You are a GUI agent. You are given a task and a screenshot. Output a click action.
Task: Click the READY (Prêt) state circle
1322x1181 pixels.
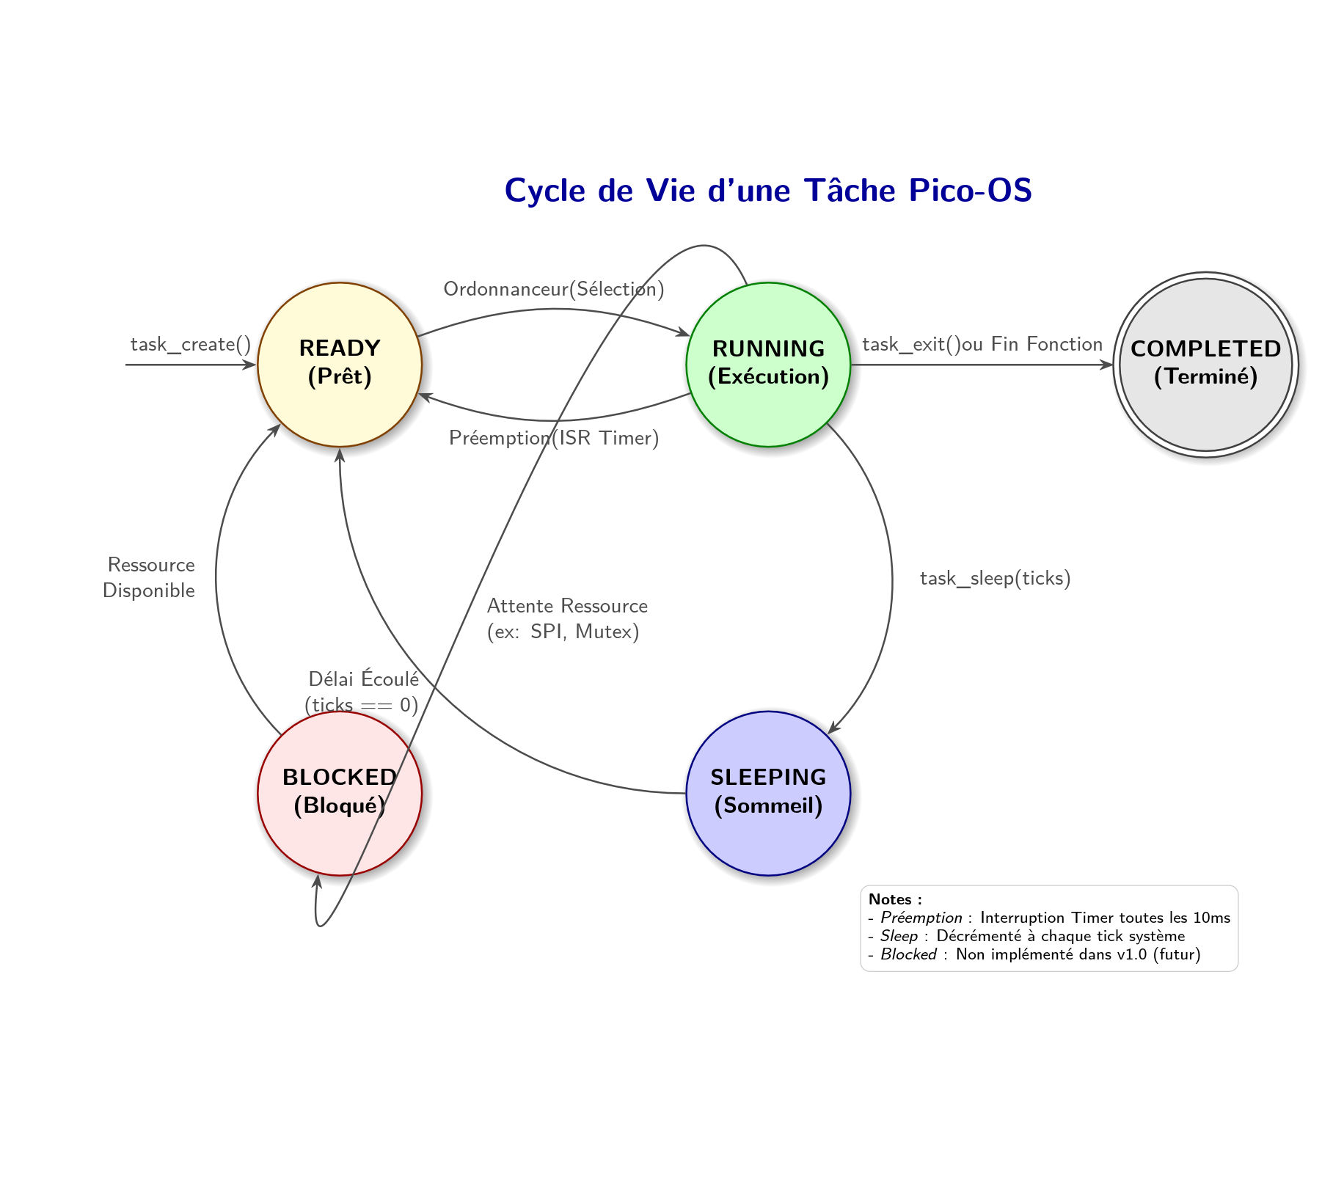340,365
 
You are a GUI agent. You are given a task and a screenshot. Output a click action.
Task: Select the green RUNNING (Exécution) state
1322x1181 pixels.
768,365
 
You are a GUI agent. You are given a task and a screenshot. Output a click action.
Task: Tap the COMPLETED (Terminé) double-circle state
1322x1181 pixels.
1205,365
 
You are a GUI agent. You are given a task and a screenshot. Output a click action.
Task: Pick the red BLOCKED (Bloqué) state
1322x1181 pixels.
340,793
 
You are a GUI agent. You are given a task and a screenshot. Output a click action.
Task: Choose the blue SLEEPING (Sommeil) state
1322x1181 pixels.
768,793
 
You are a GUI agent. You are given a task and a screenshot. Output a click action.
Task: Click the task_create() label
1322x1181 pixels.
191,344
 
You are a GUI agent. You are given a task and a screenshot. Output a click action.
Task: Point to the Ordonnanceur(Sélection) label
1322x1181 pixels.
554,289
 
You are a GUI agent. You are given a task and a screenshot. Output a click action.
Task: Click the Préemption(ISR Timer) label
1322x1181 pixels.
554,438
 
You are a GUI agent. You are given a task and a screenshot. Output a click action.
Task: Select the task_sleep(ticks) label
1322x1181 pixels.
995,578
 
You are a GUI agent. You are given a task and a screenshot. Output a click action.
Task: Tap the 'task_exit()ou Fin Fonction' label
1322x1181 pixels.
982,344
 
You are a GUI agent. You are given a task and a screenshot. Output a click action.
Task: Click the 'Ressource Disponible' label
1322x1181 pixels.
150,577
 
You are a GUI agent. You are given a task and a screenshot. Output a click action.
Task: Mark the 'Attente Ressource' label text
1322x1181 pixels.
567,606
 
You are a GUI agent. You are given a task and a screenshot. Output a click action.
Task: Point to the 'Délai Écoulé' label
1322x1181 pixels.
363,679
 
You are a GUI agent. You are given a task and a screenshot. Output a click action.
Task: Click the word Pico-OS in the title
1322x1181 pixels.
970,191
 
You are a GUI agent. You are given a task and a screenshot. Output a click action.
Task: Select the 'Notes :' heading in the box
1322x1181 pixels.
894,899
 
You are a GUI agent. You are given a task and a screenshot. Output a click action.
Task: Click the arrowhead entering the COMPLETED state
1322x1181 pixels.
1108,365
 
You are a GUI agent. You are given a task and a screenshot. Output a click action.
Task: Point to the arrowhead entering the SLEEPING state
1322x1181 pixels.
832,728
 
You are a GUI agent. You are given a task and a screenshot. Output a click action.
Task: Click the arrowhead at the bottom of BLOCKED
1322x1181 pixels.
318,880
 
